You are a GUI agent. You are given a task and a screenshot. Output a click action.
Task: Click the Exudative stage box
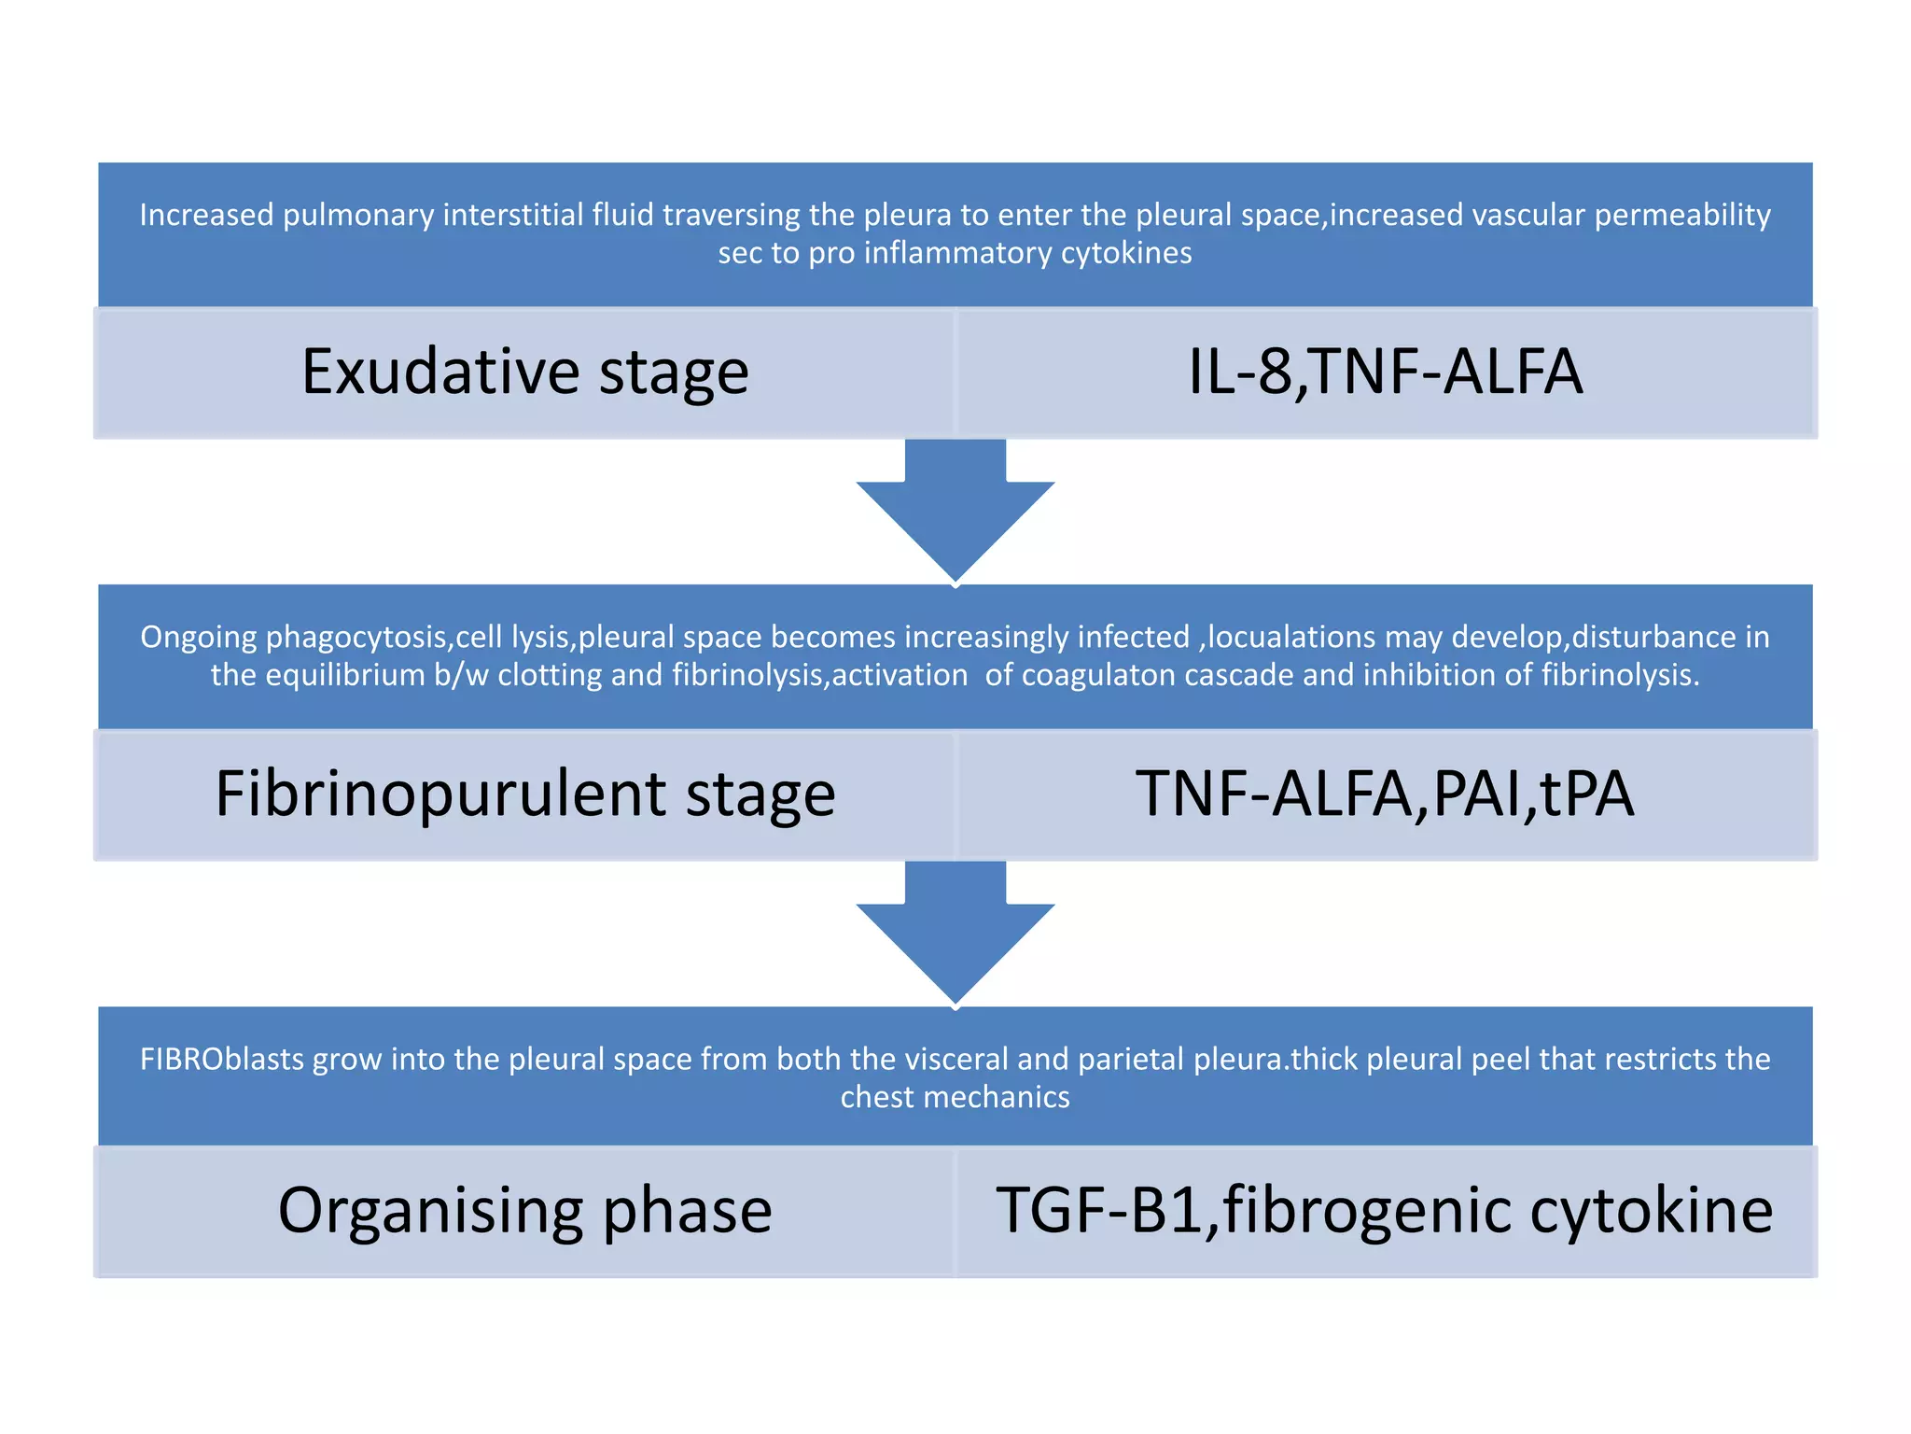click(x=525, y=373)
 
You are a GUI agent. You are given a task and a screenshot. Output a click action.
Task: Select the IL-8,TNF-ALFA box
click(x=1386, y=373)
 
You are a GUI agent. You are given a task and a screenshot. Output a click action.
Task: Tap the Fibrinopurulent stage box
click(x=525, y=794)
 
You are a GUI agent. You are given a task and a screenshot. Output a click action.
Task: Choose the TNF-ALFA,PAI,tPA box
click(x=1386, y=794)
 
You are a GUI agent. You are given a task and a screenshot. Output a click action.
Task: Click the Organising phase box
click(x=525, y=1211)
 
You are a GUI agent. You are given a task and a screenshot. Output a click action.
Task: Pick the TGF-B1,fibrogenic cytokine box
click(x=1386, y=1211)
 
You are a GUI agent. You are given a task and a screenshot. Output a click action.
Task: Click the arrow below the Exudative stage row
click(x=955, y=512)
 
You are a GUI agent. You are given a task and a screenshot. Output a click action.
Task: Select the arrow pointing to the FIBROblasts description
click(x=955, y=934)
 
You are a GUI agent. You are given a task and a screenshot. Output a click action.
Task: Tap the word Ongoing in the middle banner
click(x=198, y=638)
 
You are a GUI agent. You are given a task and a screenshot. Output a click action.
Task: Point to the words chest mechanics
click(x=955, y=1098)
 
